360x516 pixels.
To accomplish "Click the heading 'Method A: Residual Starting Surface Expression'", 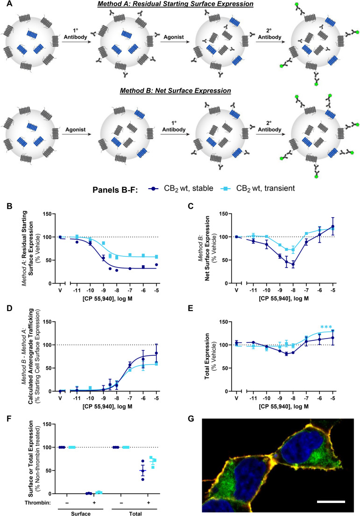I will pyautogui.click(x=180, y=4).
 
